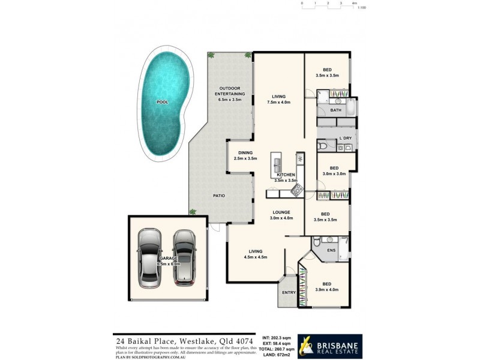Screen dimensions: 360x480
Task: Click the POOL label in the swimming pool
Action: (162, 102)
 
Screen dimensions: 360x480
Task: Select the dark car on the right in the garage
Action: (184, 257)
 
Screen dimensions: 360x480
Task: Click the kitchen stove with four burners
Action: (296, 190)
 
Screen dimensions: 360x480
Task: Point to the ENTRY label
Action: (289, 293)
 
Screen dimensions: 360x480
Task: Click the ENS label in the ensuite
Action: (331, 251)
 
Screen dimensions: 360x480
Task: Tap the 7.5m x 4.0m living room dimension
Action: (278, 103)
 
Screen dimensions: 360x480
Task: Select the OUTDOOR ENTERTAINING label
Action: (232, 91)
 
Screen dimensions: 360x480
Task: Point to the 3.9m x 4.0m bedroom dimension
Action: (326, 290)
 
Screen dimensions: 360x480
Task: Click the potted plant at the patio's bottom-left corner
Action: (193, 211)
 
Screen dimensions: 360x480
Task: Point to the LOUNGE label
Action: (281, 212)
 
